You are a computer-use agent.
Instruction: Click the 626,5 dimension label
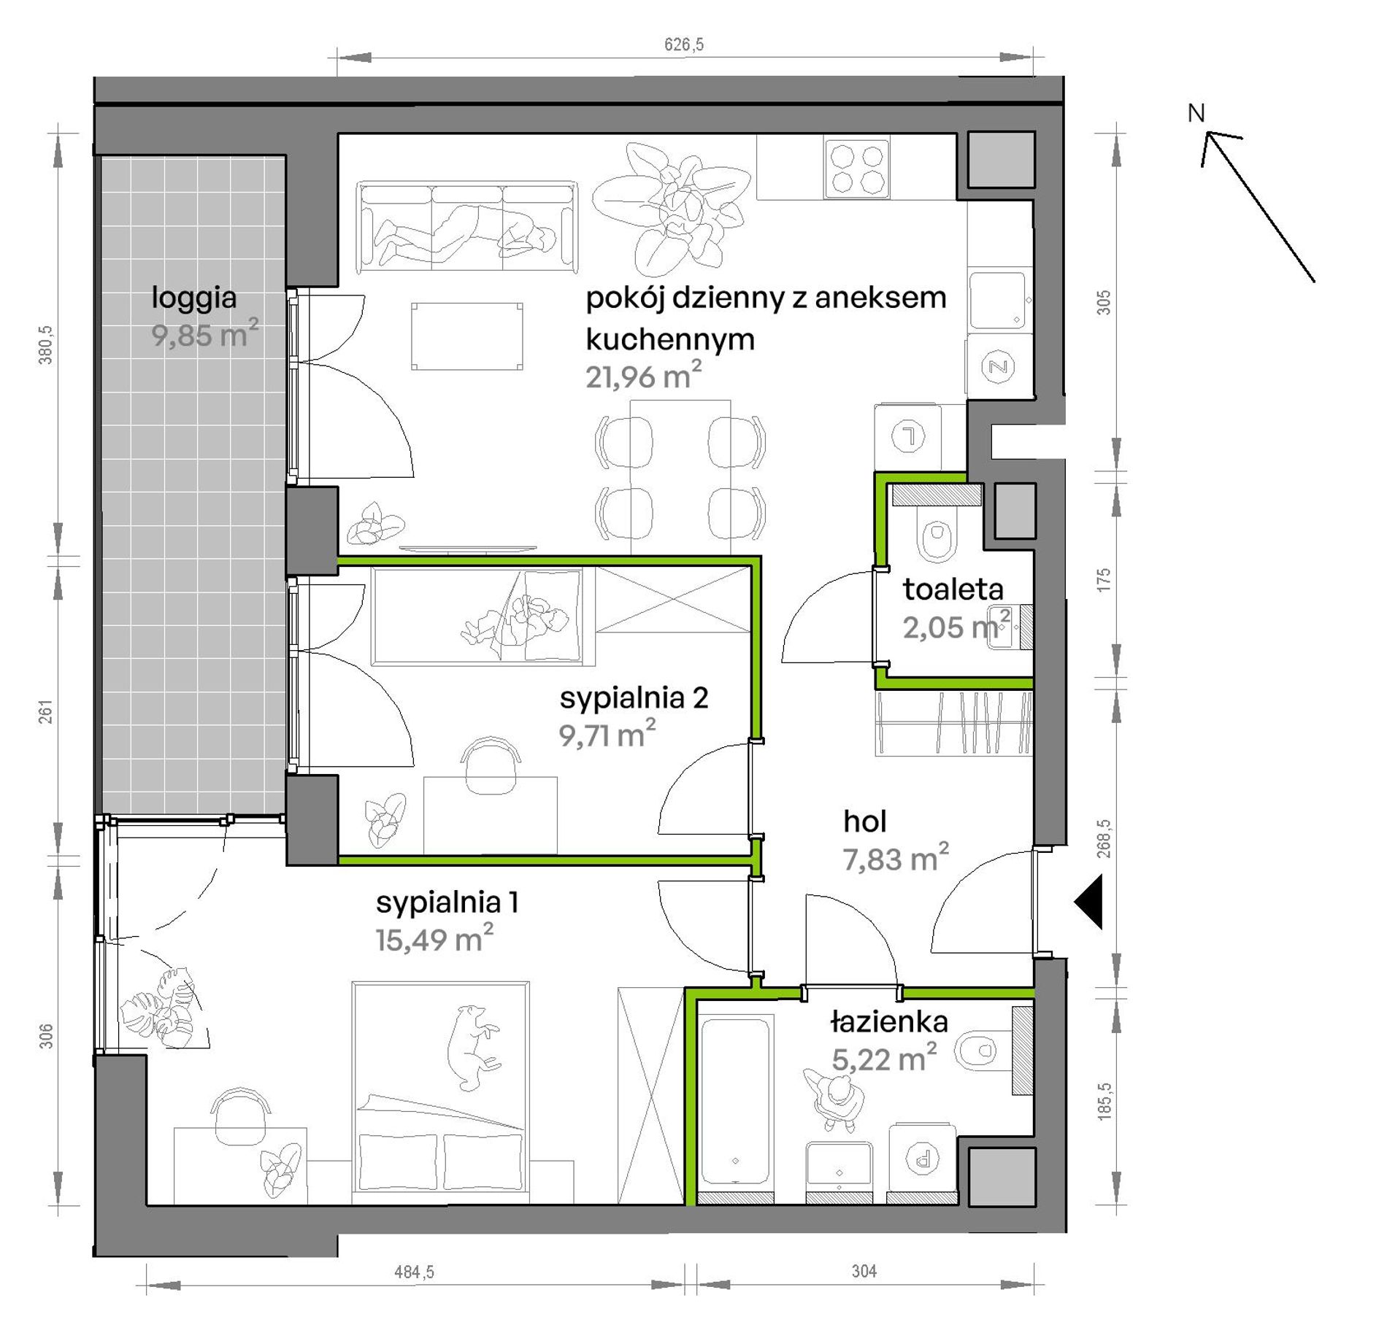click(684, 45)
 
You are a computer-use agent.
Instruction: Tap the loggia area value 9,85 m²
click(205, 334)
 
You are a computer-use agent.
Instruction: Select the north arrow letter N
click(1196, 113)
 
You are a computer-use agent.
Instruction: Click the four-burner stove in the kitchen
click(857, 167)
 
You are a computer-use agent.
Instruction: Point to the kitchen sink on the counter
click(999, 300)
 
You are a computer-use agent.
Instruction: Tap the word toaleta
click(953, 589)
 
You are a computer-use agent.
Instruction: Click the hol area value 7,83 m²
click(896, 858)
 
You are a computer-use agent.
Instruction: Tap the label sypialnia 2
click(634, 697)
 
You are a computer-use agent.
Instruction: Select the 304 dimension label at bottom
click(864, 1272)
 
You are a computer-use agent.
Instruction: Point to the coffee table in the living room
click(467, 336)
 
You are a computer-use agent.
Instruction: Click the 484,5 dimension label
click(414, 1272)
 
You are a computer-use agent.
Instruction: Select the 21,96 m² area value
click(643, 376)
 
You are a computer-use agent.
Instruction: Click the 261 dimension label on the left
click(46, 711)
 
